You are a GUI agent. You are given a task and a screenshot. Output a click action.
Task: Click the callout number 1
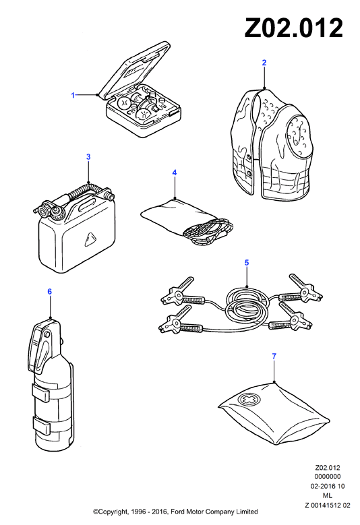tap(73, 96)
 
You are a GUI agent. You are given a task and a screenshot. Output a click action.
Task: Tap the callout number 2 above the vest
tap(264, 63)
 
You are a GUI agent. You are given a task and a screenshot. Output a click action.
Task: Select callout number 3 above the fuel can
tap(88, 157)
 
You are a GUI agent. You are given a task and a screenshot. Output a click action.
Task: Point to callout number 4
tap(175, 173)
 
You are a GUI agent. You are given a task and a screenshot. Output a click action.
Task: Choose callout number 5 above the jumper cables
tap(247, 263)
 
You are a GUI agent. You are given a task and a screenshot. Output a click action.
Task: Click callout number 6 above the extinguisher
tap(50, 292)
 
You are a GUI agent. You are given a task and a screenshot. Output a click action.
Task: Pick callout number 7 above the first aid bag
tap(274, 357)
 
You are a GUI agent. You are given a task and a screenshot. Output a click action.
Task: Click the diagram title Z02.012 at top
tap(294, 28)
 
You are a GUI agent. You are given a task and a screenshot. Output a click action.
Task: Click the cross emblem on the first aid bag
tap(247, 399)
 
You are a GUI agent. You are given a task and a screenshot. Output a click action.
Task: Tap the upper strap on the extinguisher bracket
tap(41, 392)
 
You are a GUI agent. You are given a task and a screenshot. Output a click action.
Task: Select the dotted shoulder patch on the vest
tap(299, 135)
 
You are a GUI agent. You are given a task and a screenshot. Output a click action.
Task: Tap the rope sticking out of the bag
tap(208, 231)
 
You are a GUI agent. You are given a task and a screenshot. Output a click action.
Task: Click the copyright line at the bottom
tap(175, 512)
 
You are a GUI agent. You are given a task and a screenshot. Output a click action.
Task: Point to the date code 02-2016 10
tap(327, 486)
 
